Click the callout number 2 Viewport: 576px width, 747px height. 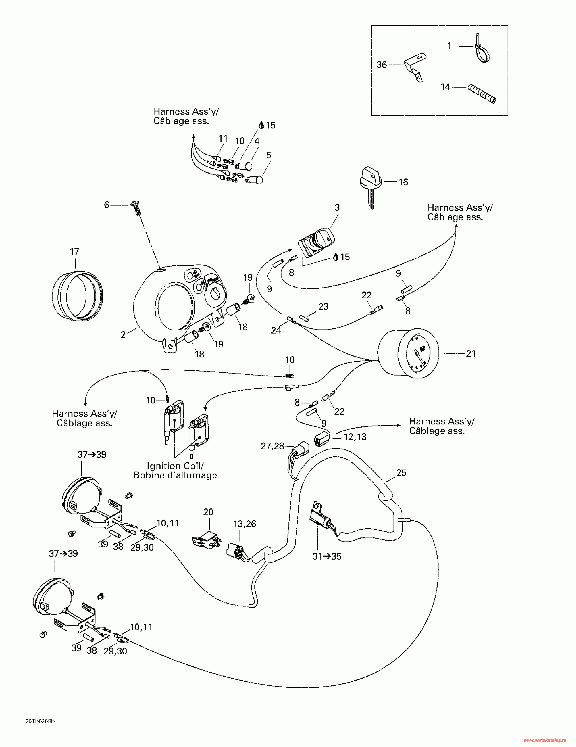coord(123,335)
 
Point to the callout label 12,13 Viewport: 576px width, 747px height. coord(355,437)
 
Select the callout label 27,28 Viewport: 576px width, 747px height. coord(272,446)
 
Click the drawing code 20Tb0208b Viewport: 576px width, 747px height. coord(40,722)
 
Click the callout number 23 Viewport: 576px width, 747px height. coord(323,306)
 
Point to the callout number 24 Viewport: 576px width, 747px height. coord(276,330)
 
